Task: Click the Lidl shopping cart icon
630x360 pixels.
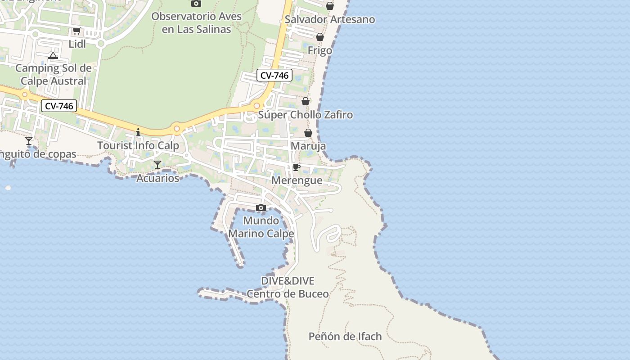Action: [76, 31]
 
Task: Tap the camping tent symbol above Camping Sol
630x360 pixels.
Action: [53, 56]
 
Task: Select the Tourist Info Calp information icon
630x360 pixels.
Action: [138, 132]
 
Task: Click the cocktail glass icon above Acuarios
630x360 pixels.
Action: [157, 165]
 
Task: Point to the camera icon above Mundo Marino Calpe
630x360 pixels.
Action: [261, 207]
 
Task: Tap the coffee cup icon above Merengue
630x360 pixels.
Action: [296, 167]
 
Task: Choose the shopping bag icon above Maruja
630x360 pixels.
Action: [308, 133]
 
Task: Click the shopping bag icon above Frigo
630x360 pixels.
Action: [320, 37]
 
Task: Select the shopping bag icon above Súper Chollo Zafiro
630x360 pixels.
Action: [306, 101]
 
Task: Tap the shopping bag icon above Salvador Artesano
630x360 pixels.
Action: [330, 6]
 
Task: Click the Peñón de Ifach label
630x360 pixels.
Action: [345, 336]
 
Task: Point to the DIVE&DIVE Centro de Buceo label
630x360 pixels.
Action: [288, 288]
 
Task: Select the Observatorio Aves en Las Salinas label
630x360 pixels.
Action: [197, 23]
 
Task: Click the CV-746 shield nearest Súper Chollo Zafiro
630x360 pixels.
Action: [274, 75]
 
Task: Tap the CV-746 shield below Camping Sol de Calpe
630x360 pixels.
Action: [59, 106]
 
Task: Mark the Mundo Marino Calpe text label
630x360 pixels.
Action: [261, 227]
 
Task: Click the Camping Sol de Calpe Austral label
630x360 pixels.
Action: [54, 75]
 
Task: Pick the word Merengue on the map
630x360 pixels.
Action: [297, 180]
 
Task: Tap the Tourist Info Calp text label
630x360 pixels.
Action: [138, 145]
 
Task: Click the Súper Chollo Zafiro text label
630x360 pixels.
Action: [306, 115]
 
